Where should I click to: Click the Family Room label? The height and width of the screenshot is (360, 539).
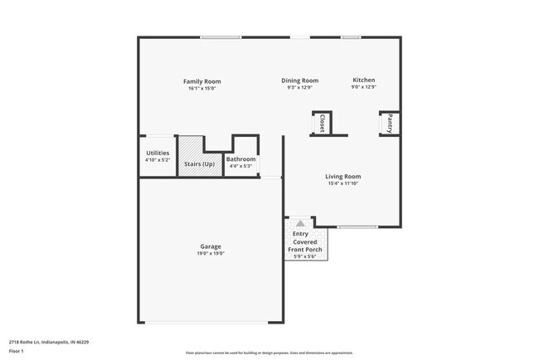[x=202, y=81]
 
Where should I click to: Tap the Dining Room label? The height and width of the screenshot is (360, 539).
[x=299, y=80]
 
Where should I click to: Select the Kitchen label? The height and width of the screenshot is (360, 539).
[x=364, y=80]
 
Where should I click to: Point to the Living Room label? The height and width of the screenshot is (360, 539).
[x=342, y=176]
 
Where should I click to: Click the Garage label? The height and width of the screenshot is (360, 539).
[x=210, y=246]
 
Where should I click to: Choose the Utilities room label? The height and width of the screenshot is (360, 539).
[x=158, y=153]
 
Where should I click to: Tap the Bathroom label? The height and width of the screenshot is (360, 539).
[x=240, y=158]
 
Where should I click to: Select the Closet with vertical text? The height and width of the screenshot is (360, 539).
[x=321, y=124]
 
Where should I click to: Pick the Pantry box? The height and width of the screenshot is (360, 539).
[x=390, y=124]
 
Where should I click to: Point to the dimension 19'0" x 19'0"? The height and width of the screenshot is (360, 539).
[x=210, y=254]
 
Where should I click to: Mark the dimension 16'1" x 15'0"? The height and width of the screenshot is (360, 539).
[x=202, y=89]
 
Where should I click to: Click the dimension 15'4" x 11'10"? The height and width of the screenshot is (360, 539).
[x=342, y=184]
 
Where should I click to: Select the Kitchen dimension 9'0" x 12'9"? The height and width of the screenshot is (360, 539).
[x=364, y=87]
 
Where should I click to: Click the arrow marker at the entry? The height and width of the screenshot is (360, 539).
[x=299, y=223]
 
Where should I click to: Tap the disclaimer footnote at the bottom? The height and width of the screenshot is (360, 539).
[x=269, y=353]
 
